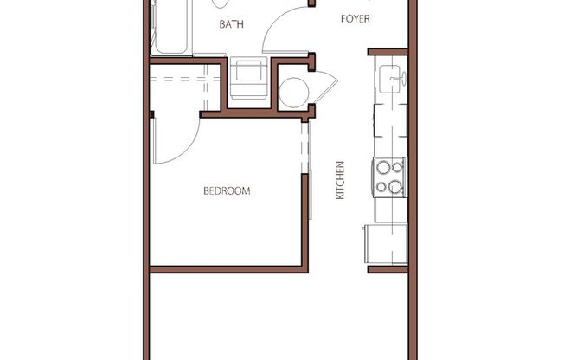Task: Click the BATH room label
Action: click(231, 24)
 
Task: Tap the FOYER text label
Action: click(356, 18)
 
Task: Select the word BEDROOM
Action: click(227, 191)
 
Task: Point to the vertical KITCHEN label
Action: click(341, 181)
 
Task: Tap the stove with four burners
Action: click(388, 177)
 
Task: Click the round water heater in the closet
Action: click(294, 92)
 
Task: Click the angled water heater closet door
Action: click(327, 87)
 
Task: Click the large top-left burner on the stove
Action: click(381, 168)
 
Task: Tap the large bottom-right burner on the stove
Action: click(395, 185)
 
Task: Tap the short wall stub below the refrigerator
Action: click(388, 269)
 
